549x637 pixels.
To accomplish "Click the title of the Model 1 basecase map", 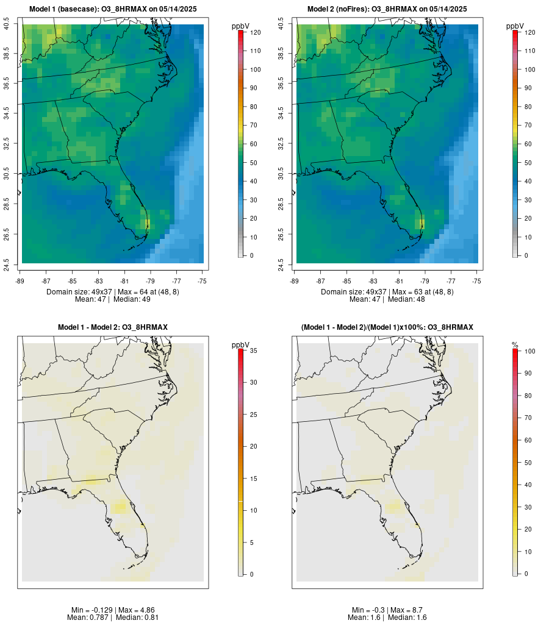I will [113, 9].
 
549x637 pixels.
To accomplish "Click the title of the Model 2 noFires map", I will [387, 9].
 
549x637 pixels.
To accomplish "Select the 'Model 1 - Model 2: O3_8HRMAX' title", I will [113, 327].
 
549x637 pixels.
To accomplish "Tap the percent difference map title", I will [387, 327].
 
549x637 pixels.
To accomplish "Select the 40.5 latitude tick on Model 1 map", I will [7, 24].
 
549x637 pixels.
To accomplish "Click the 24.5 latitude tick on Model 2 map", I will [281, 264].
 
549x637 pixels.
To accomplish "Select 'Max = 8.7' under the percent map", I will [407, 610].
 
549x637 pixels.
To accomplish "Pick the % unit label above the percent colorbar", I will [515, 345].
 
